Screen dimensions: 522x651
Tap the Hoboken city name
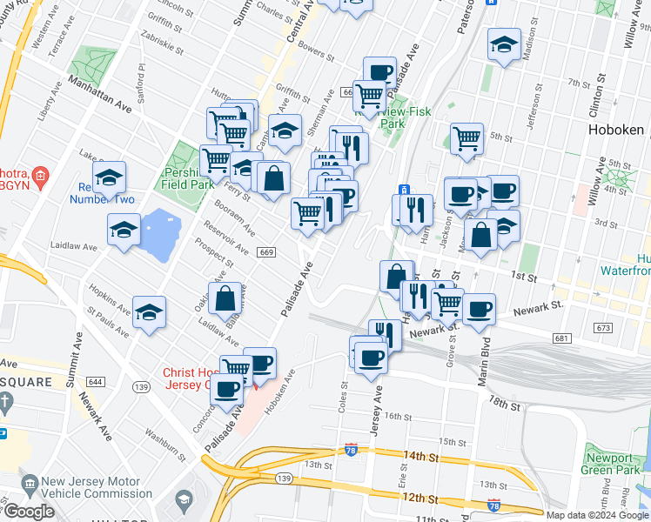[x=614, y=130]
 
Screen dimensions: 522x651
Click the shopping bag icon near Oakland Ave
[x=225, y=298]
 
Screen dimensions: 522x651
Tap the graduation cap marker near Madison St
[x=504, y=45]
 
